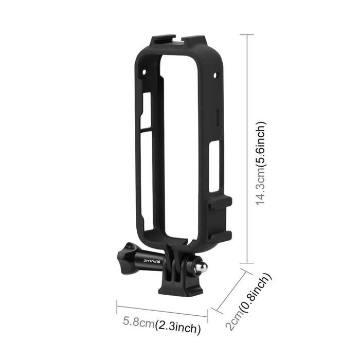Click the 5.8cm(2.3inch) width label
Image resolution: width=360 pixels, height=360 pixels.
point(161,325)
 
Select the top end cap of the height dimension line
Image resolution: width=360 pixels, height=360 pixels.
point(247,35)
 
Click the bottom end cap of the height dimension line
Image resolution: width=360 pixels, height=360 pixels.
point(247,262)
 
